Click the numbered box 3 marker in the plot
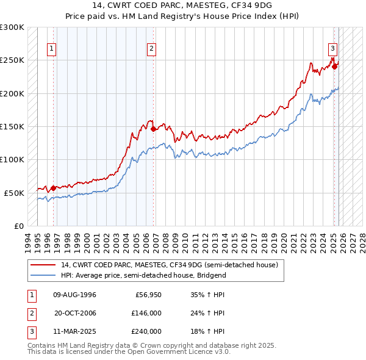tap(332, 49)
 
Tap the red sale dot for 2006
tap(153, 129)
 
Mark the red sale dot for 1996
tap(53, 188)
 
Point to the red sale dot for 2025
tap(335, 66)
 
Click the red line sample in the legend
tap(44, 265)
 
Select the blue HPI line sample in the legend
tap(44, 275)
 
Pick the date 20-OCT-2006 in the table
tap(75, 314)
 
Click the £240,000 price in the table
tap(146, 331)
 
